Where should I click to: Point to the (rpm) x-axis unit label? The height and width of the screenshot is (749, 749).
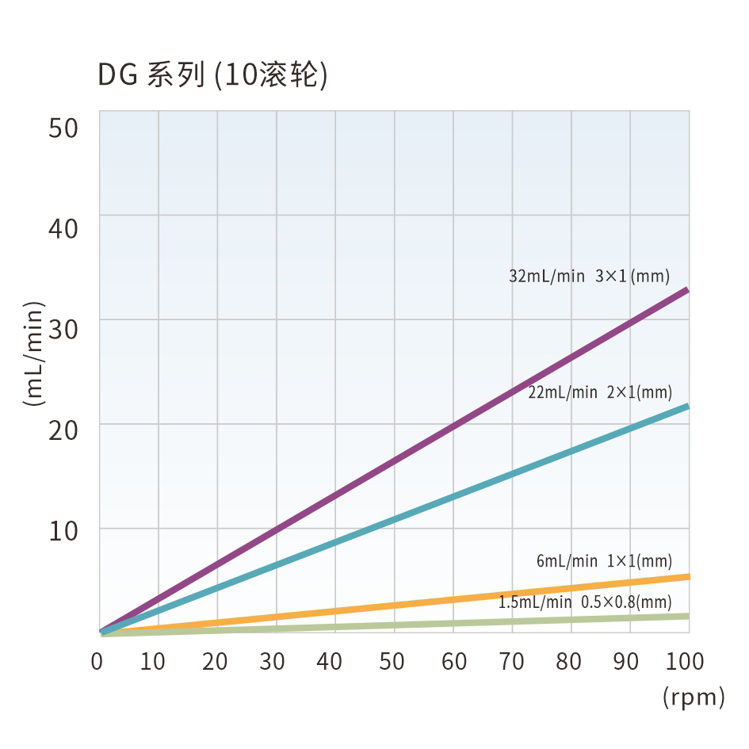(x=694, y=697)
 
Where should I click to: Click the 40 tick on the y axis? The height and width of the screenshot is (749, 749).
(x=63, y=229)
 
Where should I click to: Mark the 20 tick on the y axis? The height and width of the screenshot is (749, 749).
(x=63, y=431)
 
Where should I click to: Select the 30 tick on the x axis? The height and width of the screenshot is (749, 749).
(x=272, y=661)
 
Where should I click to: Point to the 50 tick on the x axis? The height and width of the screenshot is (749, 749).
(x=392, y=661)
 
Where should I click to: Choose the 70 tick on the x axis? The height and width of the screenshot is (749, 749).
(x=511, y=661)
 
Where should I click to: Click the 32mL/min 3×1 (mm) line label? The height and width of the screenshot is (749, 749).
(x=589, y=277)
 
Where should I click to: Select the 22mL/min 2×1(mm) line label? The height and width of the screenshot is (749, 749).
(x=600, y=392)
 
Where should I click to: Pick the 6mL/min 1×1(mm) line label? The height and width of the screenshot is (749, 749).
(x=604, y=561)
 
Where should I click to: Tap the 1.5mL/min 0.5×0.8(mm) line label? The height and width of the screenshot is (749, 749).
(x=585, y=602)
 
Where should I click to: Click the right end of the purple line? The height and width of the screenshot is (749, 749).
(x=686, y=290)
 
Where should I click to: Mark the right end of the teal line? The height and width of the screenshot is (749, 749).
(x=686, y=407)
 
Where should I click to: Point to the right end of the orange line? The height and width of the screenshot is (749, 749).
(x=686, y=576)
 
